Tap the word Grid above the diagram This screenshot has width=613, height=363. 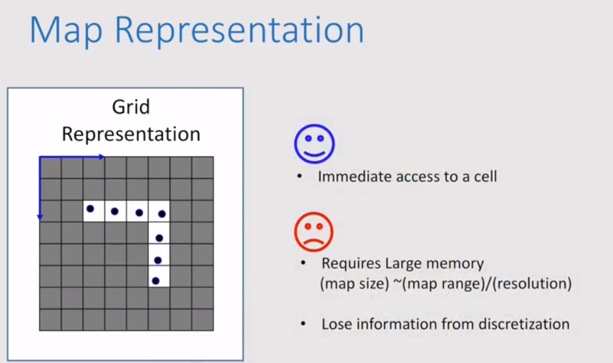click(131, 107)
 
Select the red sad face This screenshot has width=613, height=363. click(314, 231)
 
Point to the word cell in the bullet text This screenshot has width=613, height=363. click(483, 176)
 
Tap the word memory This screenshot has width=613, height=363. click(455, 264)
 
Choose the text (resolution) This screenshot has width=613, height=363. click(531, 284)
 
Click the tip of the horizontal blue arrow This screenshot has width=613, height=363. click(103, 157)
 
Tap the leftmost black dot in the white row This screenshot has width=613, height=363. click(90, 209)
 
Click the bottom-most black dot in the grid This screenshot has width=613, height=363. click(155, 281)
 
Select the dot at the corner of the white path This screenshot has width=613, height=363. click(162, 213)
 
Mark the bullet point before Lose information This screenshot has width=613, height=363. click(303, 324)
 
